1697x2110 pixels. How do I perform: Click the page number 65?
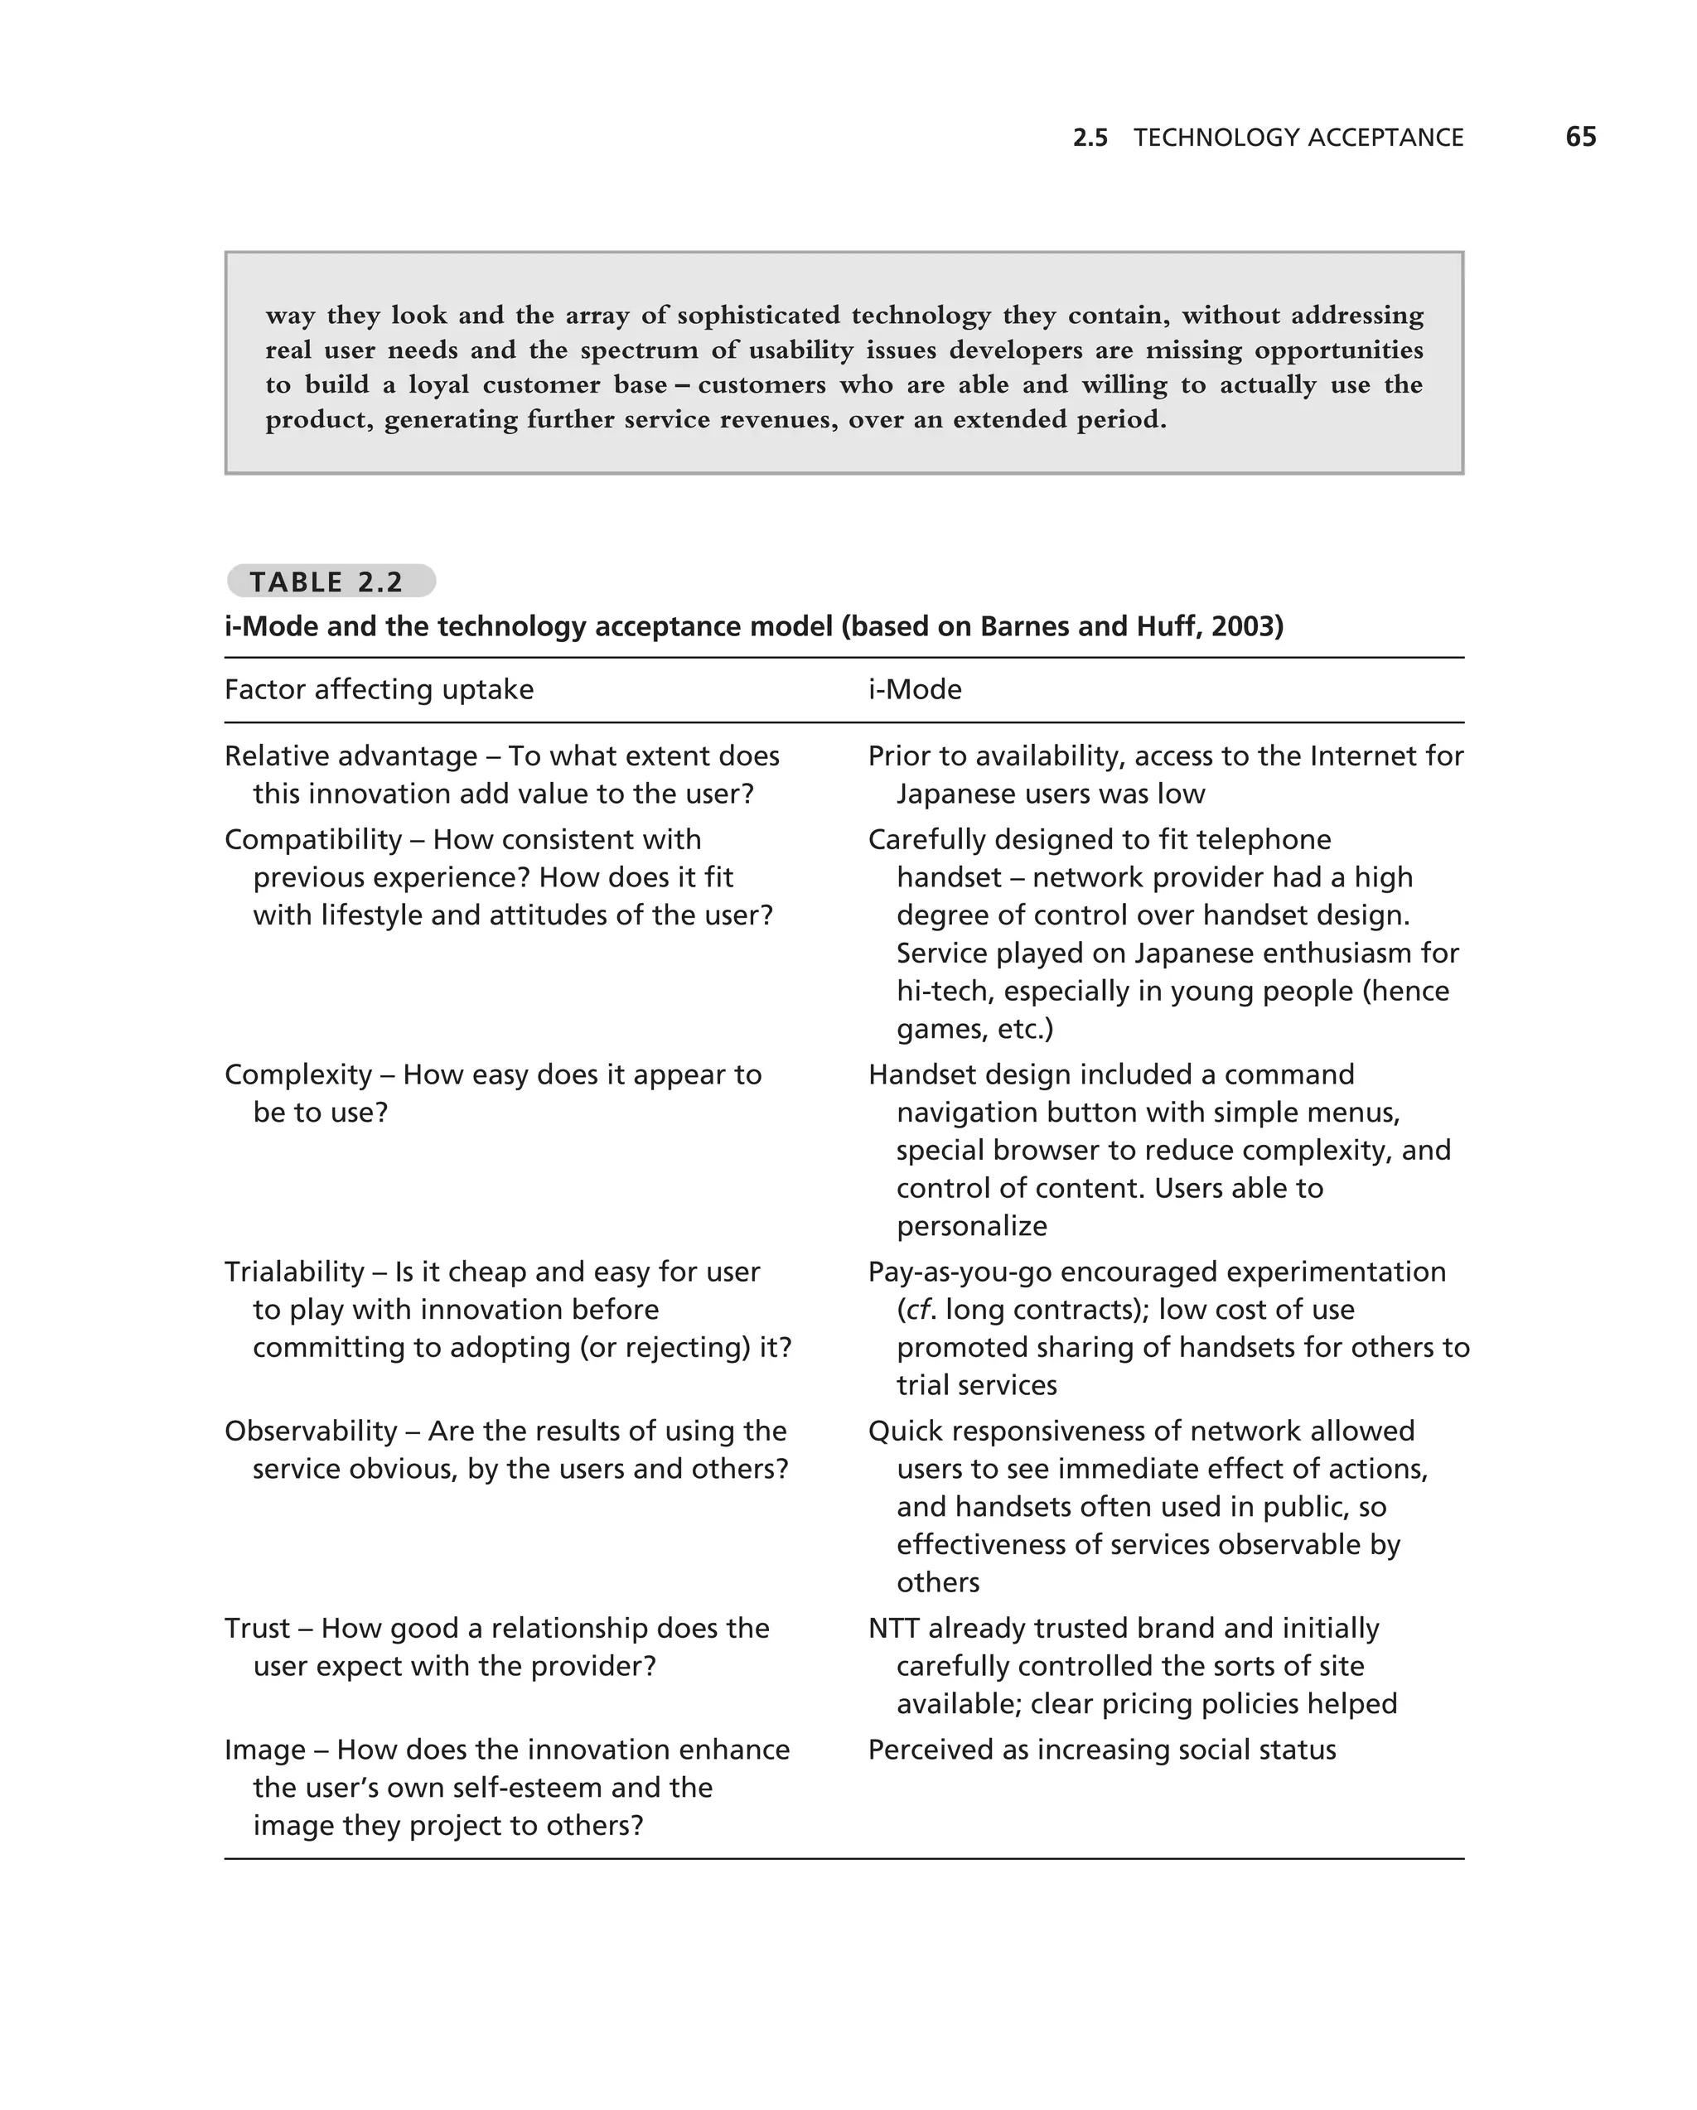click(x=1579, y=137)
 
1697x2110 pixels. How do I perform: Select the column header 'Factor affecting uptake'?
click(x=379, y=690)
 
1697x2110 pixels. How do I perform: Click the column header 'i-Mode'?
click(x=914, y=690)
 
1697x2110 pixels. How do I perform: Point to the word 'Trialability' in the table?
click(x=293, y=1272)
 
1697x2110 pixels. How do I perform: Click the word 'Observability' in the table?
click(x=310, y=1431)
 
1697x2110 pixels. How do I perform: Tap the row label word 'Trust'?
click(x=256, y=1628)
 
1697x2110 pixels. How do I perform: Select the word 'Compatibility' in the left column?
click(x=313, y=840)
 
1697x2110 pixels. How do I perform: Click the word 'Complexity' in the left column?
click(x=297, y=1074)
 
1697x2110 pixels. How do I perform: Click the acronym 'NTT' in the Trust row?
click(x=892, y=1628)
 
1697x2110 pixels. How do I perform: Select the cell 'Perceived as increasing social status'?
click(x=1101, y=1749)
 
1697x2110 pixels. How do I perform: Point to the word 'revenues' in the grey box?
click(x=778, y=420)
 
